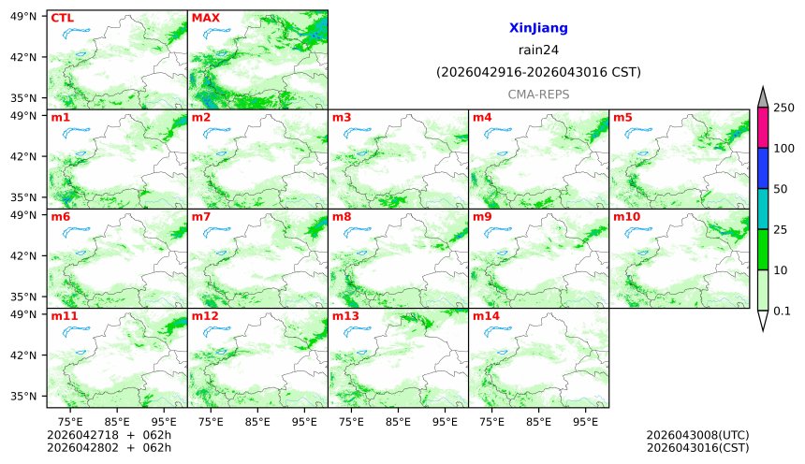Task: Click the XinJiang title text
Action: pos(538,29)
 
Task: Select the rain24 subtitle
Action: pos(538,51)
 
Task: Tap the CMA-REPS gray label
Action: pos(538,94)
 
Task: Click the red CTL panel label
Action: pos(62,18)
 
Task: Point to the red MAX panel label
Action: pos(205,18)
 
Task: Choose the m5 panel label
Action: pos(623,117)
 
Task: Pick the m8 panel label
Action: pos(343,217)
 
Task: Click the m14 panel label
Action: pos(486,316)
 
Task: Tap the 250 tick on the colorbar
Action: pos(783,108)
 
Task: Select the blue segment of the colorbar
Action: pos(763,168)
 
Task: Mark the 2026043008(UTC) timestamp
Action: pos(697,435)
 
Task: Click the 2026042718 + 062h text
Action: pos(103,435)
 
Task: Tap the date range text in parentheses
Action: pos(538,72)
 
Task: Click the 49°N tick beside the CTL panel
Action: pos(27,16)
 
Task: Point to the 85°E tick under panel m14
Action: pos(538,422)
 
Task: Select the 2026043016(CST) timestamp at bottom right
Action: pos(697,448)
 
